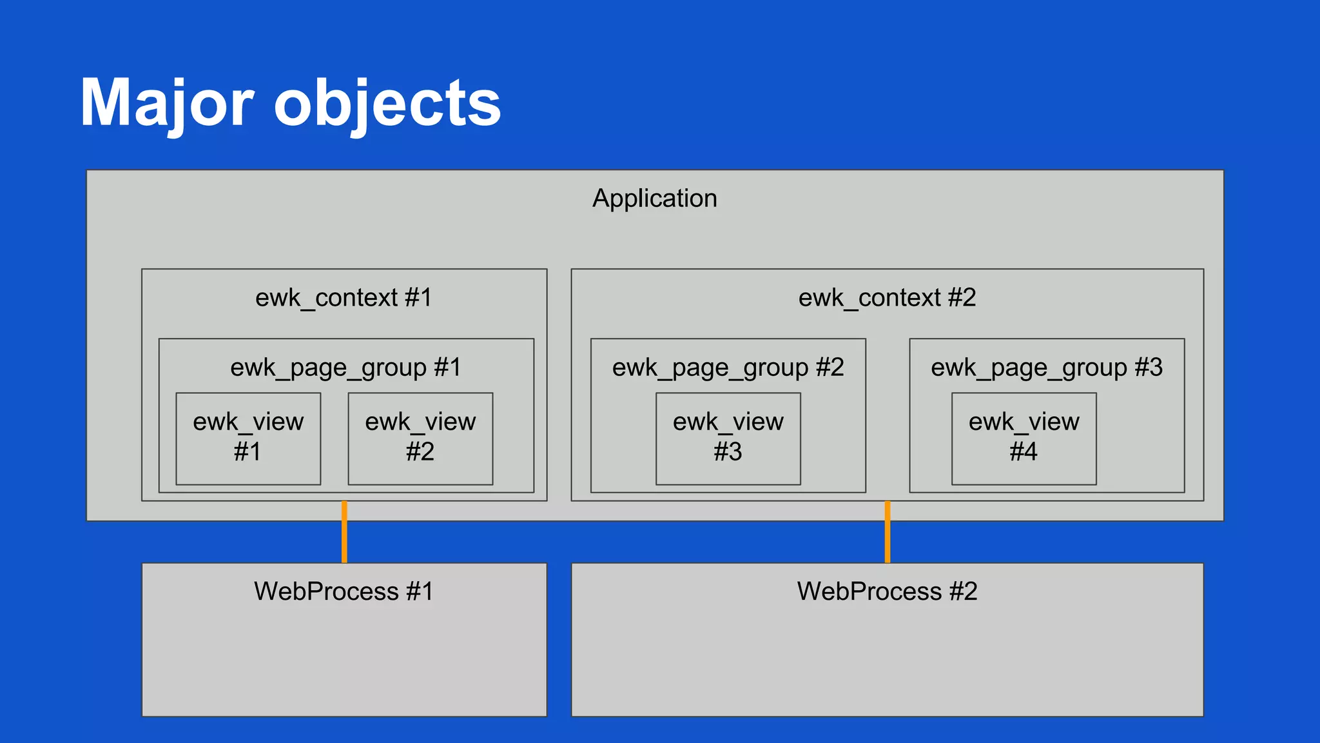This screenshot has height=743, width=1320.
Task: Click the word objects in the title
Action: [387, 103]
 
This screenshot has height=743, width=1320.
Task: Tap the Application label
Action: [654, 199]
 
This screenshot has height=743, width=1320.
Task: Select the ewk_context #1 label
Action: [344, 298]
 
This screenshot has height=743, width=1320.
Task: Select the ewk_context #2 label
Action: [887, 298]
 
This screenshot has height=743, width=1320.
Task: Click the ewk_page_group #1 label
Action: [345, 368]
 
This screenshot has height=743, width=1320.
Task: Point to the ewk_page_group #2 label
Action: [728, 368]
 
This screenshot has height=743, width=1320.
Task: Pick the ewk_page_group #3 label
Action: [1046, 368]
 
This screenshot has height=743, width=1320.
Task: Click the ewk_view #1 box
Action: [248, 439]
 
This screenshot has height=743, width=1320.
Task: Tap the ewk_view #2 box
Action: [420, 439]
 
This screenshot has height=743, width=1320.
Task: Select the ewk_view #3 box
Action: [728, 439]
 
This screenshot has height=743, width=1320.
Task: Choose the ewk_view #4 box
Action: [1024, 439]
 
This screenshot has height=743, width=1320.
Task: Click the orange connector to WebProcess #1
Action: [344, 532]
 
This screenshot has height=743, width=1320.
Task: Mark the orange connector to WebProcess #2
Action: [888, 532]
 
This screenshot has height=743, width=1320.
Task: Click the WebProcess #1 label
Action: [344, 591]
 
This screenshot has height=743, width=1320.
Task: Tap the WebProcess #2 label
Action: [887, 591]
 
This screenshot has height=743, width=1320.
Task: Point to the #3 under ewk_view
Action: [728, 452]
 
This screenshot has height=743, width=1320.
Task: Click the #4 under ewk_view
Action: [1024, 452]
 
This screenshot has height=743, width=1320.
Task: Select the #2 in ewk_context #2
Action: [962, 298]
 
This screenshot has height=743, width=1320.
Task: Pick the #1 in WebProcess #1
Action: [420, 591]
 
